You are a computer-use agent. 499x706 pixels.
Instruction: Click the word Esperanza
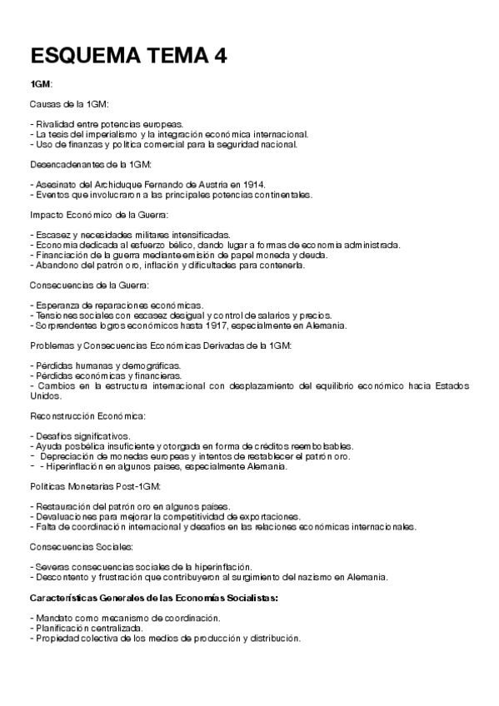[x=55, y=306]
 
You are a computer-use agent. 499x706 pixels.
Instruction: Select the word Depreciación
[x=68, y=456]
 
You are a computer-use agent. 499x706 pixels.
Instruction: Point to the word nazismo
[x=307, y=578]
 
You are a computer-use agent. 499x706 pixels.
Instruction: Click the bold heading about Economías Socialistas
[x=154, y=598]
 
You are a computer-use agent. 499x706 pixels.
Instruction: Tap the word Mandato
[x=52, y=619]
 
